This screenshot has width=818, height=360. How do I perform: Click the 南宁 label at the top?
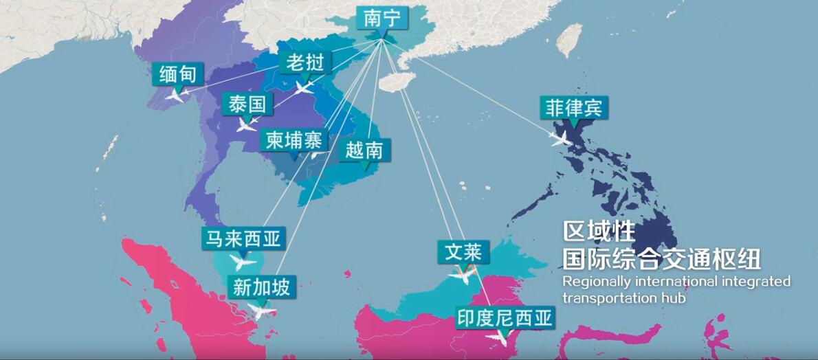pyautogui.click(x=382, y=19)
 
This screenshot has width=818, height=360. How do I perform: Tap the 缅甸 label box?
pyautogui.click(x=177, y=74)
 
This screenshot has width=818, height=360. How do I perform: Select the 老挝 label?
pyautogui.click(x=305, y=63)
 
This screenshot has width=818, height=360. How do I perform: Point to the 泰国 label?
pyautogui.click(x=247, y=105)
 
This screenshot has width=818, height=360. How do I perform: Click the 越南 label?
pyautogui.click(x=364, y=150)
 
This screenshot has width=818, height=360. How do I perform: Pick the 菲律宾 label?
pyautogui.click(x=573, y=107)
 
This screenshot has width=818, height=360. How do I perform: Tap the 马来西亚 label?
pyautogui.click(x=242, y=239)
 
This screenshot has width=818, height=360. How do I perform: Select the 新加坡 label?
pyautogui.click(x=261, y=286)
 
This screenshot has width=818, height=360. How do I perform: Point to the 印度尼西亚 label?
pyautogui.click(x=505, y=318)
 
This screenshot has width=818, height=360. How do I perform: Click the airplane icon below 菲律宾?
pyautogui.click(x=561, y=138)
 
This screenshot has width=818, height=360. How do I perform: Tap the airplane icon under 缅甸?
pyautogui.click(x=175, y=95)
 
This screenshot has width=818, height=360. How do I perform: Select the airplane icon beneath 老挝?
pyautogui.click(x=304, y=87)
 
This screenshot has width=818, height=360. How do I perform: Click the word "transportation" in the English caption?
pyautogui.click(x=600, y=298)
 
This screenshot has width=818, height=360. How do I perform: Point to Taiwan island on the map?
pyautogui.click(x=568, y=41)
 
